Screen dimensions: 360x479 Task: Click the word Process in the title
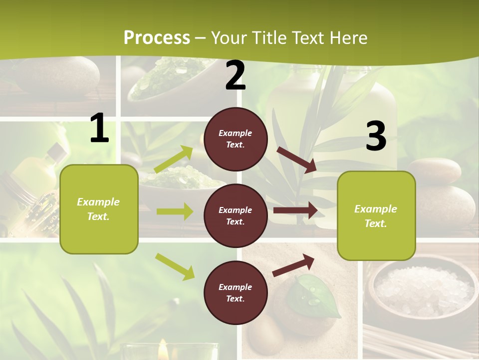(157, 38)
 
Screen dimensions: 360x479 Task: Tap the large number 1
(99, 128)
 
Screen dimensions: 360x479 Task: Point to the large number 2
(236, 76)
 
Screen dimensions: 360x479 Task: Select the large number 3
(376, 136)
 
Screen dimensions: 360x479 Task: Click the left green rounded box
(99, 209)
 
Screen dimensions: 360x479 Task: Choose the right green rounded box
(376, 215)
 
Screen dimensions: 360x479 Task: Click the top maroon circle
(236, 138)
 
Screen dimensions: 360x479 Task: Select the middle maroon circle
(236, 215)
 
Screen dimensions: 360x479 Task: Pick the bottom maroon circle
(236, 292)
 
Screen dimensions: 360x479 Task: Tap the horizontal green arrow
(175, 211)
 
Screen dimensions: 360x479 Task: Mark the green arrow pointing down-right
(175, 266)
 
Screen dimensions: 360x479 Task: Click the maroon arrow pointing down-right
(297, 159)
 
